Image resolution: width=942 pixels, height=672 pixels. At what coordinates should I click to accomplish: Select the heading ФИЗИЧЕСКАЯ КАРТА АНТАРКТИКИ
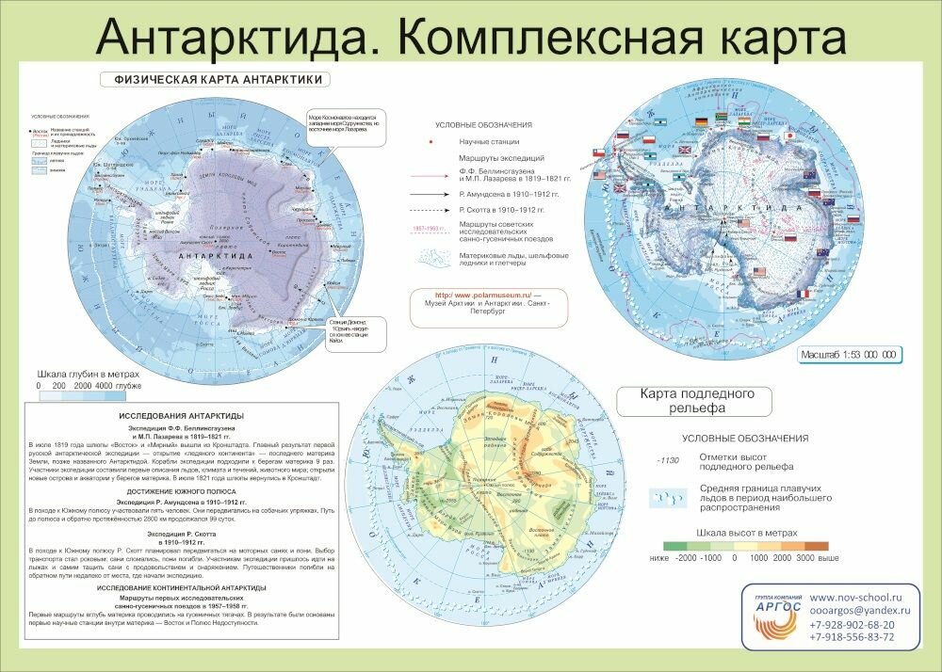point(219,80)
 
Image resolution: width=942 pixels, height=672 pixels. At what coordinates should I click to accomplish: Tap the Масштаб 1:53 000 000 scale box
point(847,355)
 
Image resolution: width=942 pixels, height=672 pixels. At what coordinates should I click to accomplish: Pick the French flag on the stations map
point(803,294)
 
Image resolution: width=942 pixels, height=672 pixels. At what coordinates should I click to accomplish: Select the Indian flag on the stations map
point(743,121)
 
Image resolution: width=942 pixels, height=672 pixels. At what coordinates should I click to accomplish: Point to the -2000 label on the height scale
point(685,558)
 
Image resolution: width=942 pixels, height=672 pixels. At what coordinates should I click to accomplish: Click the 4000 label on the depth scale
point(104,386)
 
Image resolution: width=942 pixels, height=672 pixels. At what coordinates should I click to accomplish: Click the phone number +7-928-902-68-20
point(853,624)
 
